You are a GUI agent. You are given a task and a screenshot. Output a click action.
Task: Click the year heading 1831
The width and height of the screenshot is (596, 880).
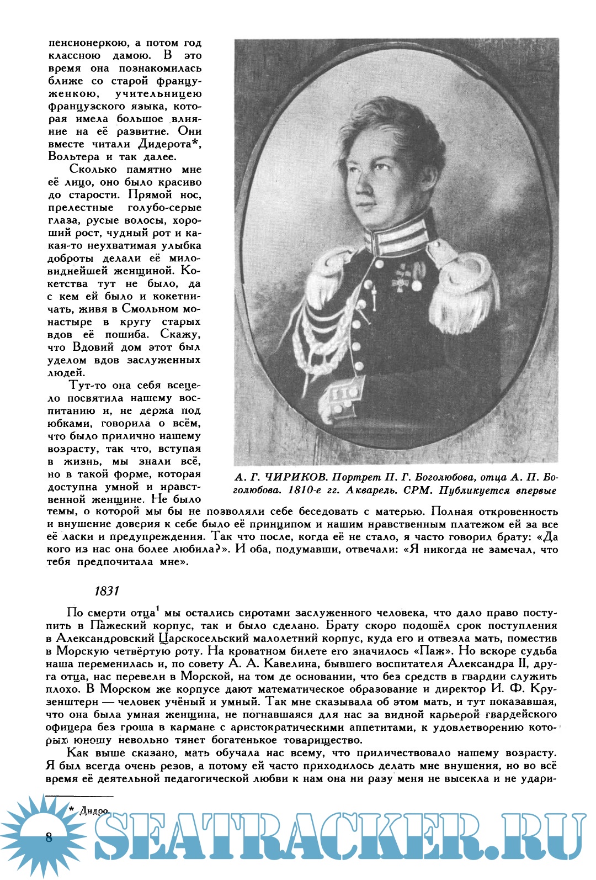click(x=107, y=591)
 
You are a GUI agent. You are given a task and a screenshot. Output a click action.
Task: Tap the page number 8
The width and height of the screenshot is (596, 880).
click(x=49, y=837)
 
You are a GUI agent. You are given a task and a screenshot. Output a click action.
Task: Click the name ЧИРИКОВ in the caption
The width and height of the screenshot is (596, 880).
click(x=290, y=477)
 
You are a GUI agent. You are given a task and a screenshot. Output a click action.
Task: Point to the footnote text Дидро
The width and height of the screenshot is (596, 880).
click(x=94, y=811)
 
